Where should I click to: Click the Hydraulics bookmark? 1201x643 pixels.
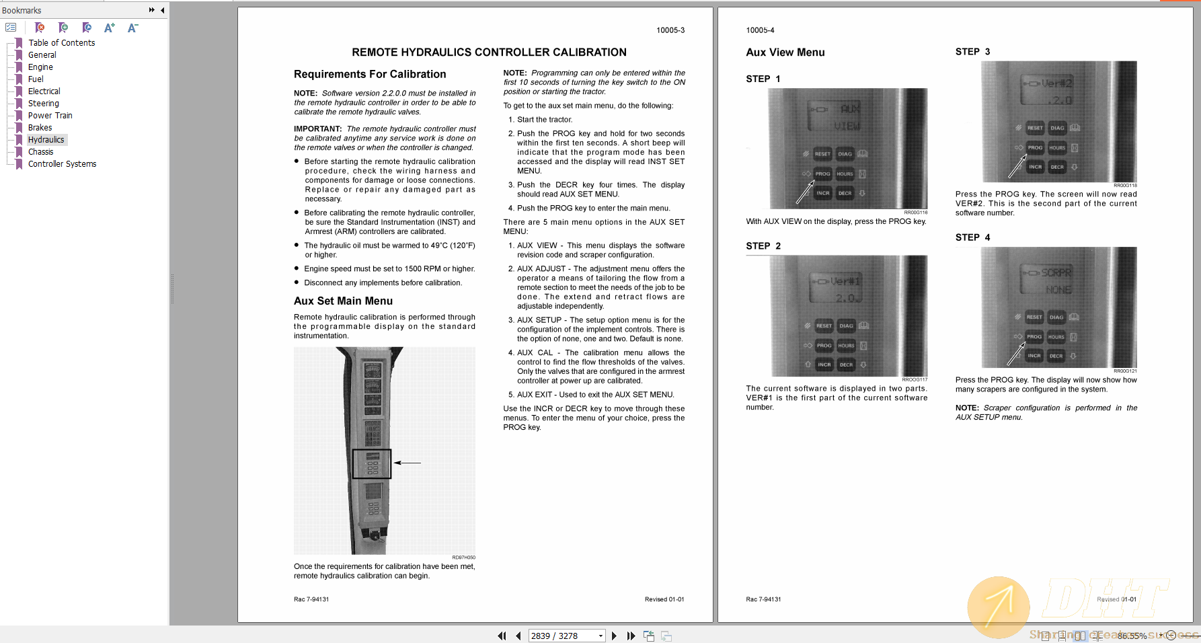[46, 140]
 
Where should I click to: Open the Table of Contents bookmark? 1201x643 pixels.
[61, 43]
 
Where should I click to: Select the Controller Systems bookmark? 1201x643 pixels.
[62, 164]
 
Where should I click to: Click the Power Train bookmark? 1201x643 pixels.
[50, 116]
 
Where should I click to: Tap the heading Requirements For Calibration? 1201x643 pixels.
[370, 75]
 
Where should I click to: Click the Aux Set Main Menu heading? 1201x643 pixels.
[343, 301]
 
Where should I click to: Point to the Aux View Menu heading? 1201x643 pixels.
[785, 52]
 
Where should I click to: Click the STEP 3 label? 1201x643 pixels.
[972, 52]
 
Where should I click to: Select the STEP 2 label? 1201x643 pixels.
[763, 246]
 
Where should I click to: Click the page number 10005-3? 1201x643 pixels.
[670, 30]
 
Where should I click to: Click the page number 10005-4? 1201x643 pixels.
[760, 30]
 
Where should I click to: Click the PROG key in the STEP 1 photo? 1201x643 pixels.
[822, 174]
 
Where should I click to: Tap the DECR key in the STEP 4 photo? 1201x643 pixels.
[1056, 356]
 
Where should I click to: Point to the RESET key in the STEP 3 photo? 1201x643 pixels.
[1035, 128]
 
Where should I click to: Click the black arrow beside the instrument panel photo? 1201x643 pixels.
[408, 463]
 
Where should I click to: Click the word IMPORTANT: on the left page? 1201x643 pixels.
[318, 129]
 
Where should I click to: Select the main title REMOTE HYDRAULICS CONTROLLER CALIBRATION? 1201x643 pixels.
[489, 52]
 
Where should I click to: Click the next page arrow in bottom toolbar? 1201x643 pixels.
[614, 636]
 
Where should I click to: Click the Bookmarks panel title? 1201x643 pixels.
[22, 10]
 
